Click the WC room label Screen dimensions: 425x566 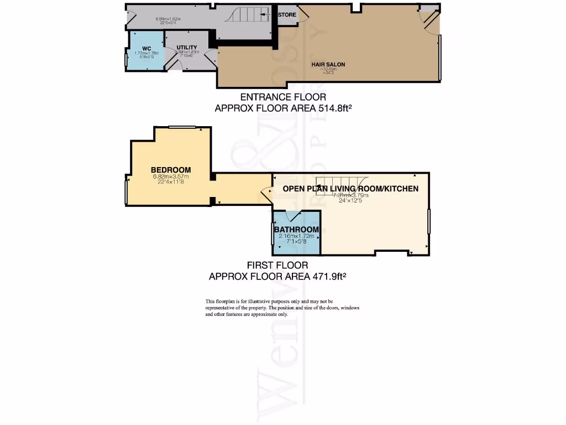[146, 48]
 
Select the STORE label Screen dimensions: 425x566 [287, 14]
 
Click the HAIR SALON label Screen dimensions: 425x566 [328, 64]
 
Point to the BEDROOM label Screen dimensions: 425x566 [171, 170]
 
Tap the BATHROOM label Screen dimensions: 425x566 [297, 230]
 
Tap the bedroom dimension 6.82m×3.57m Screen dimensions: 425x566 [171, 177]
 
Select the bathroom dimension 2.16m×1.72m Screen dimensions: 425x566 [297, 236]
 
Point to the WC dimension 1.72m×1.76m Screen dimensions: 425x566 [146, 54]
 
